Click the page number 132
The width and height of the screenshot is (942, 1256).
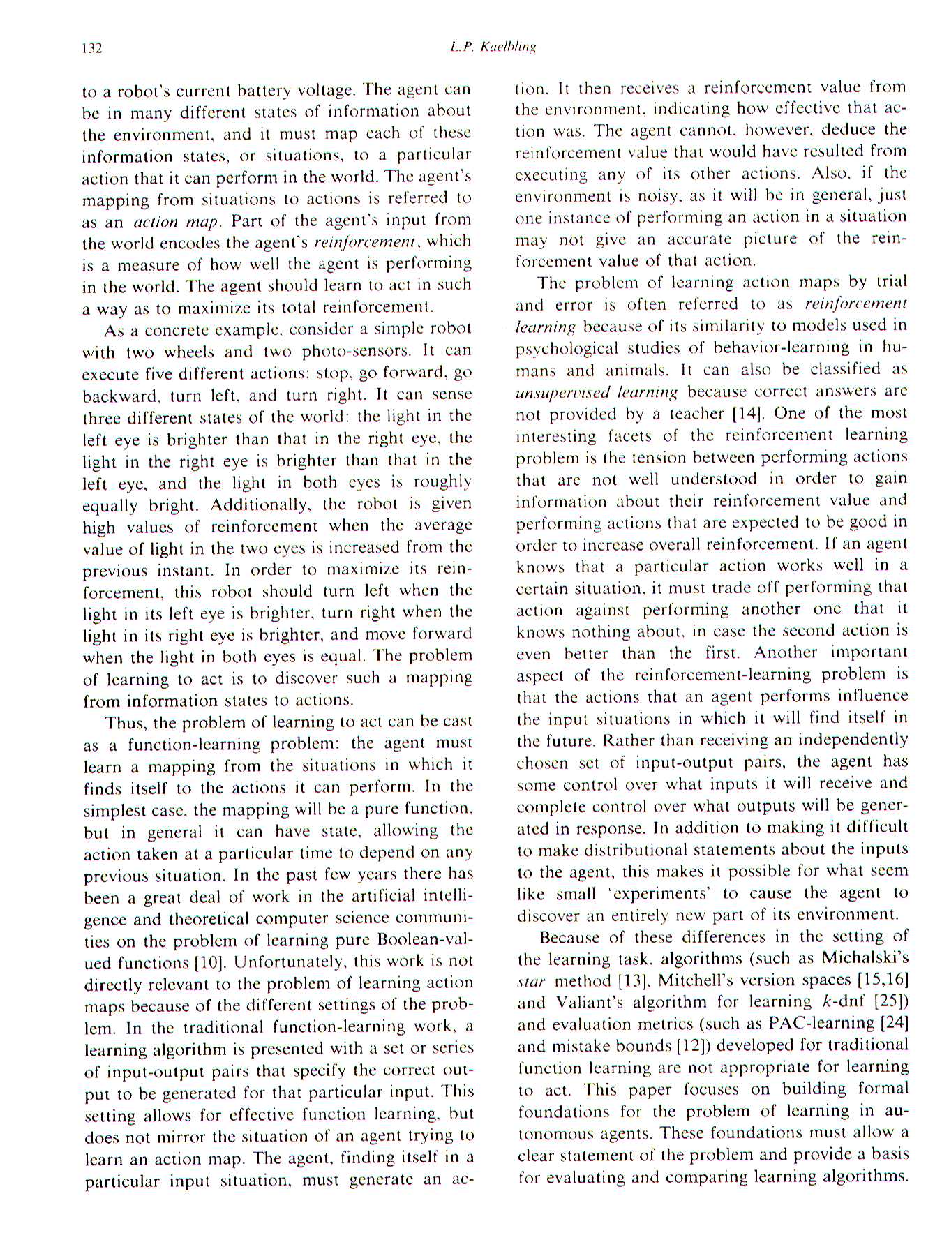pos(92,48)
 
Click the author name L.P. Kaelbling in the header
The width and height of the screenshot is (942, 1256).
pos(493,47)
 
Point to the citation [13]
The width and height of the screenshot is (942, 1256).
pos(634,980)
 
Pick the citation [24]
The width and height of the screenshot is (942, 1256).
pos(894,1024)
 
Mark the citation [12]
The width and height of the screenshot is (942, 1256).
pos(694,1046)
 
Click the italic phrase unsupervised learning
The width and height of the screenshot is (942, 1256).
pos(597,392)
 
